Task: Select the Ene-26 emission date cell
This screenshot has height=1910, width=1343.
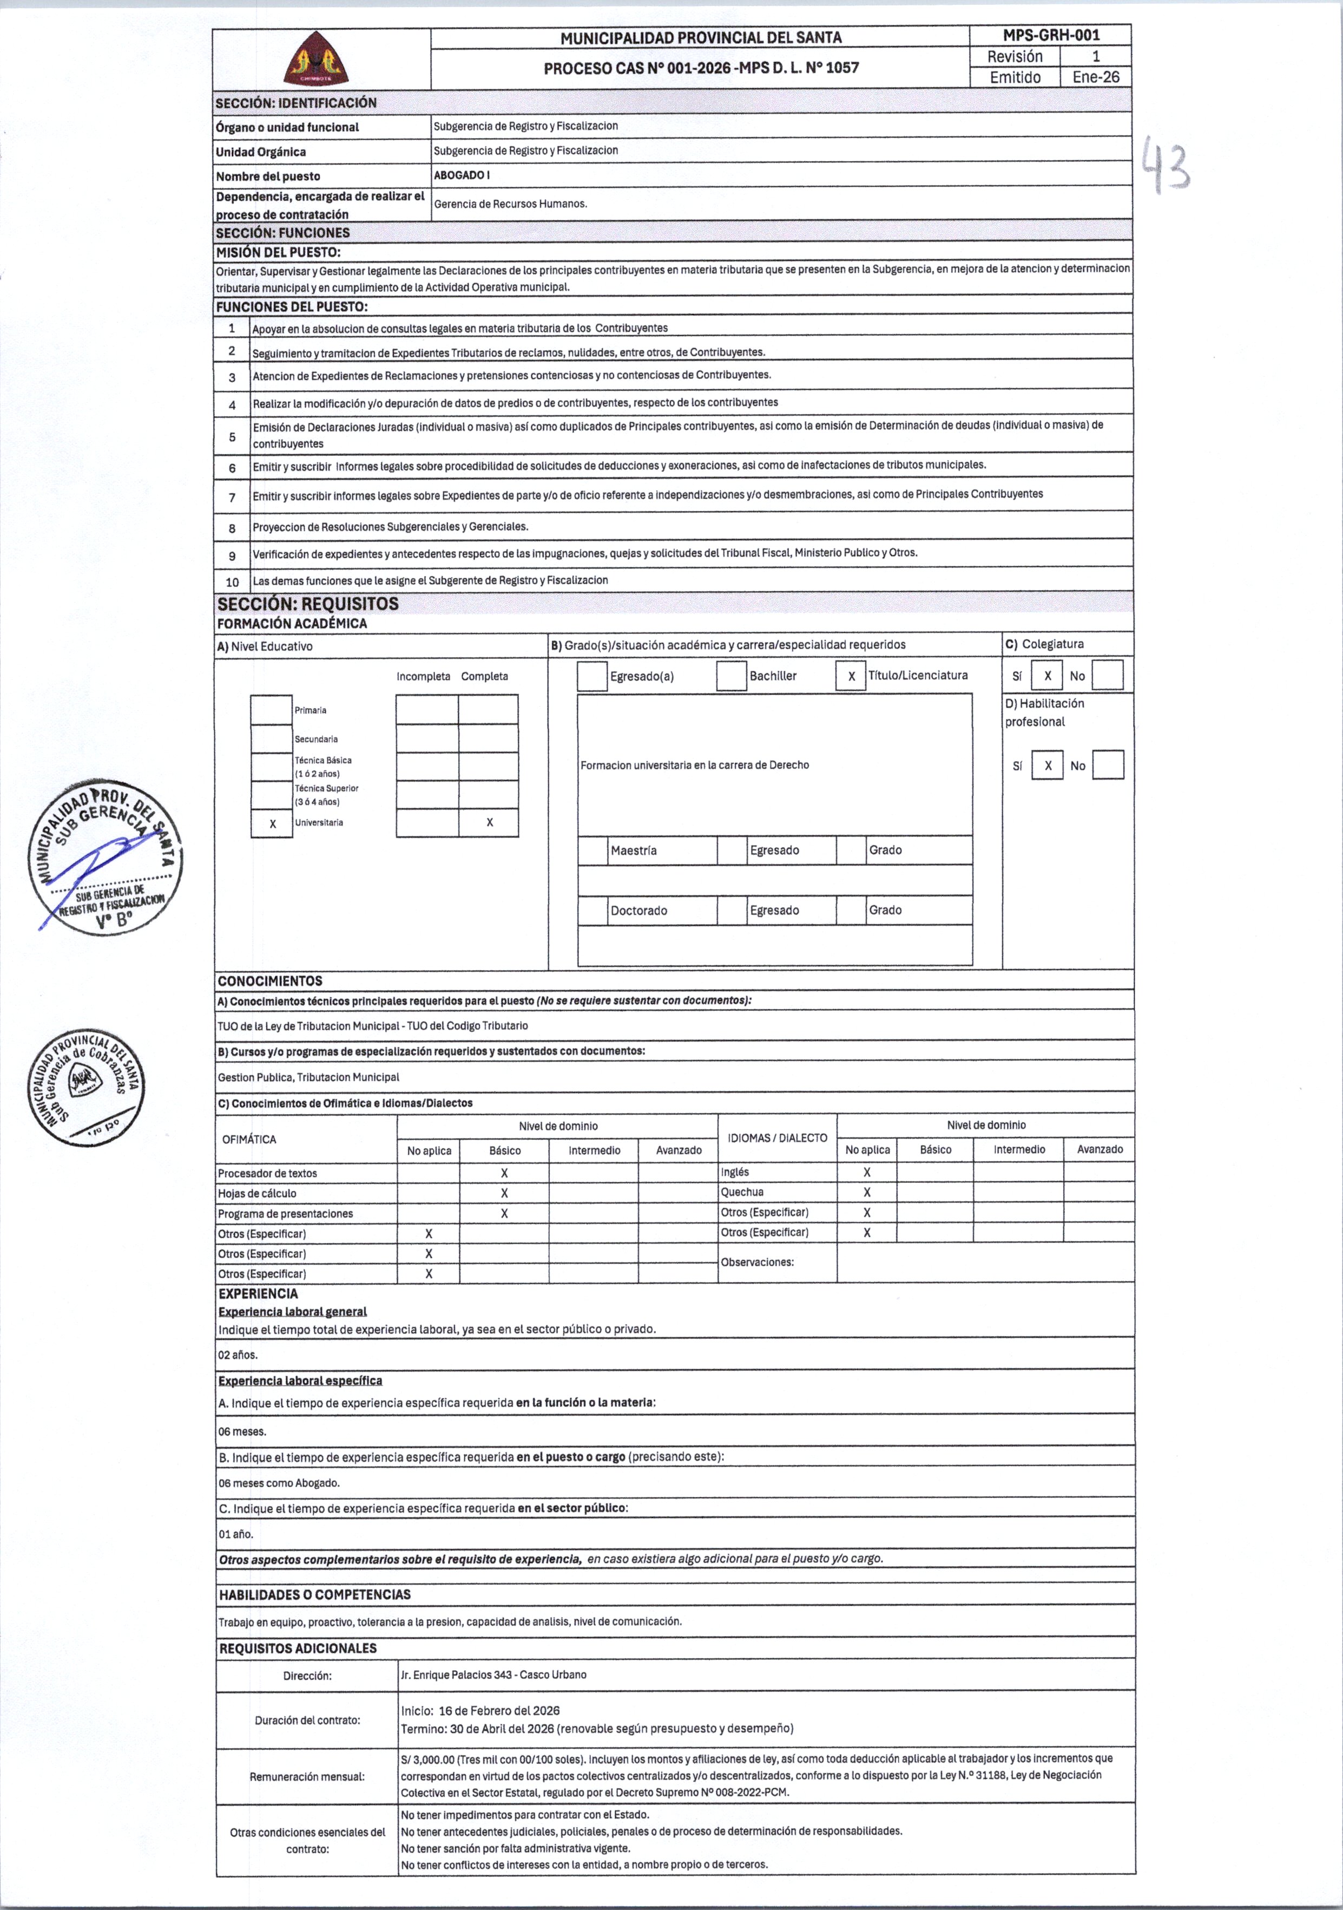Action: (x=1095, y=77)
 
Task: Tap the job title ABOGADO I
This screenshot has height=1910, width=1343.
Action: (x=462, y=175)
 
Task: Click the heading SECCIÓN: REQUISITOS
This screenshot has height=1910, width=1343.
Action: (x=308, y=604)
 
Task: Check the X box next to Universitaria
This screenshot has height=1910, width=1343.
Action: (x=272, y=823)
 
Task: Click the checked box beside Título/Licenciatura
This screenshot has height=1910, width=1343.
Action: (x=851, y=676)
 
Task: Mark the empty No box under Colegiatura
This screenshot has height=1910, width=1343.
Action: (x=1107, y=676)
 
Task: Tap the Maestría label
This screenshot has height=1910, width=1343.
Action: (x=634, y=850)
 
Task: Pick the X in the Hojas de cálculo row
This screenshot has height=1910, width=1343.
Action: (x=504, y=1193)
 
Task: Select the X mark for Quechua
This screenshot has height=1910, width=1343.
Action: (x=866, y=1192)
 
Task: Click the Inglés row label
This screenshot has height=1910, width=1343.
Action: (x=735, y=1172)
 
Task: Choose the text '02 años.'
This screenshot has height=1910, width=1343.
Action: (x=238, y=1355)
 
